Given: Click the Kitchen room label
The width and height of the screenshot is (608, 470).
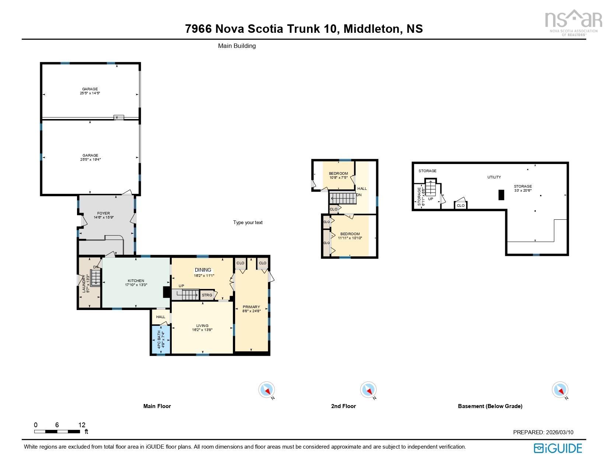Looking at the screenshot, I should coord(136,281).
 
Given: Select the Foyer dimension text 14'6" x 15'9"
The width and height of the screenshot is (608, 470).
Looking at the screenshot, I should coord(104,217).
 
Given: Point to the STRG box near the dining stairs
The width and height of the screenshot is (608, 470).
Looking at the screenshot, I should coord(207,295).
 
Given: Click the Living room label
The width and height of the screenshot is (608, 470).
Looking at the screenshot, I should coord(202,325).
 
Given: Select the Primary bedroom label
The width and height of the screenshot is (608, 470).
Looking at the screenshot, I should coord(251,307).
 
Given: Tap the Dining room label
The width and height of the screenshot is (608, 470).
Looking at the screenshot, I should coord(203,270).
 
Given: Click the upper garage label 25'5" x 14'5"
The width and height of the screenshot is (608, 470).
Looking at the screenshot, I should coord(90,93).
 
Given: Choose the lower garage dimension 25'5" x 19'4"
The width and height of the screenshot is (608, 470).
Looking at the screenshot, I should coord(90,160).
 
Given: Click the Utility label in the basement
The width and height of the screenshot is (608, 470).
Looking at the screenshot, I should coord(494,177).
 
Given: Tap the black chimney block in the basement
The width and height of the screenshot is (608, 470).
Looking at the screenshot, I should coord(501,195).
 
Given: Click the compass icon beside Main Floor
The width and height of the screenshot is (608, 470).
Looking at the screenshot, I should coord(266,390).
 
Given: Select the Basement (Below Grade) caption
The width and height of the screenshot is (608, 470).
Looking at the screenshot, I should coord(490,406).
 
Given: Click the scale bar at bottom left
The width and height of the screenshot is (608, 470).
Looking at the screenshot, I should coord(57,431).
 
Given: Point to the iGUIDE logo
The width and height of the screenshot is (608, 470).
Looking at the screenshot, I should coord(558,448).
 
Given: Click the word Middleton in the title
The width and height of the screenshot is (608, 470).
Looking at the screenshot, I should coord(371,29).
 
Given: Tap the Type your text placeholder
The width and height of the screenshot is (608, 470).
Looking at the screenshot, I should coord(248,222).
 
